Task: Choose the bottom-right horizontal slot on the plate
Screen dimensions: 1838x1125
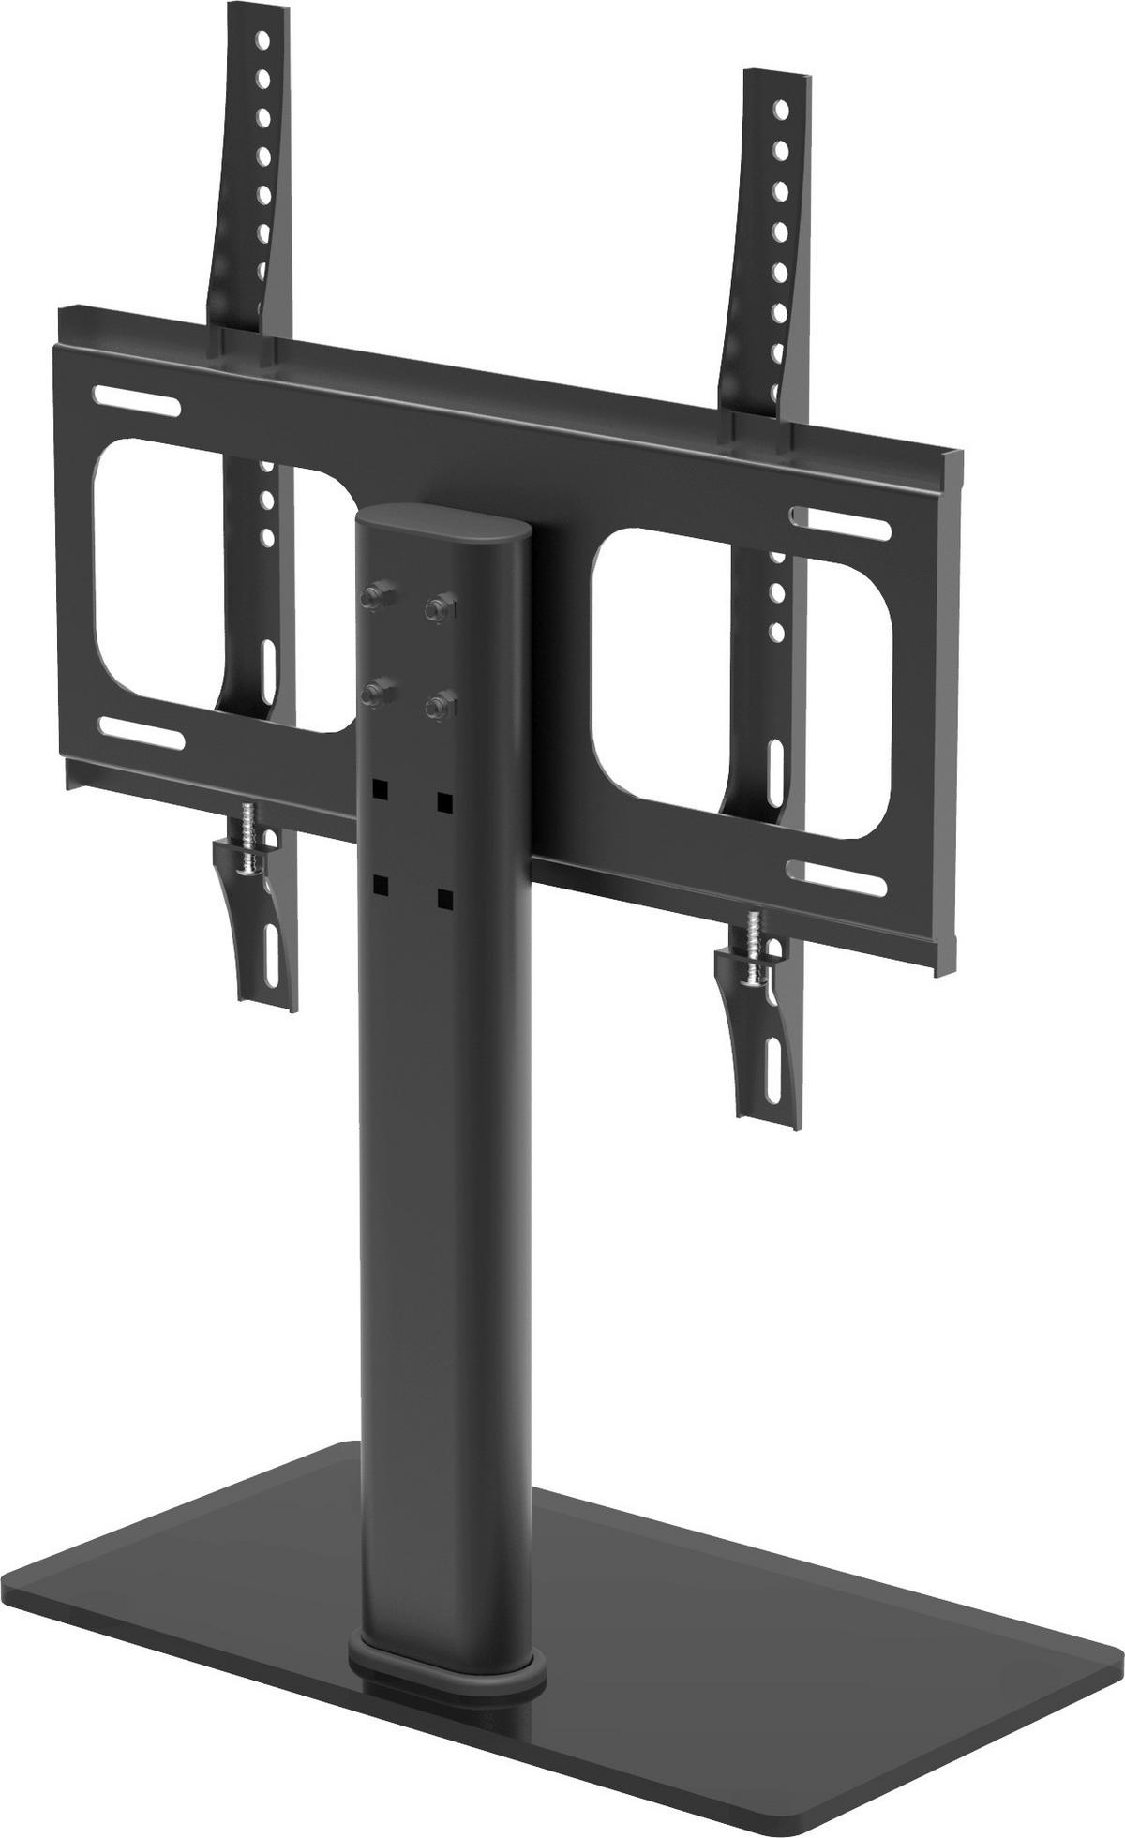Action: [x=837, y=879]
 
